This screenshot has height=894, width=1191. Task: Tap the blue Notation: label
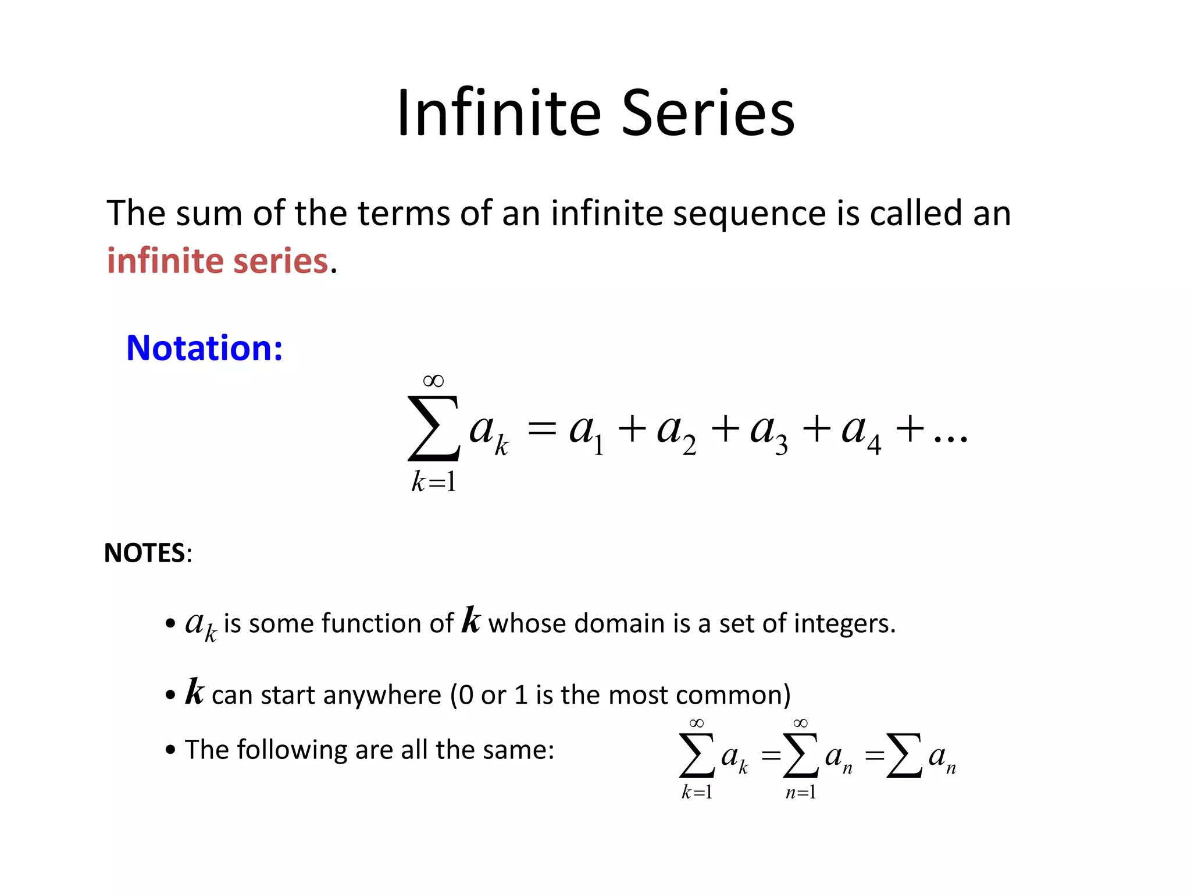tap(204, 348)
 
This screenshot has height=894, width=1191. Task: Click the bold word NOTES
tap(144, 553)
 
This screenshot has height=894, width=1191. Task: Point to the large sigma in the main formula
tap(434, 429)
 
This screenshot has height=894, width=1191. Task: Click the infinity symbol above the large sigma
tap(433, 381)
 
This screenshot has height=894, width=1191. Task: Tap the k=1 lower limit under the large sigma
tap(434, 482)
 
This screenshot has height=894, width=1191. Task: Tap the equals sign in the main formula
tap(541, 430)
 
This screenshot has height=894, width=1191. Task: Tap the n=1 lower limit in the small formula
tap(801, 792)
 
